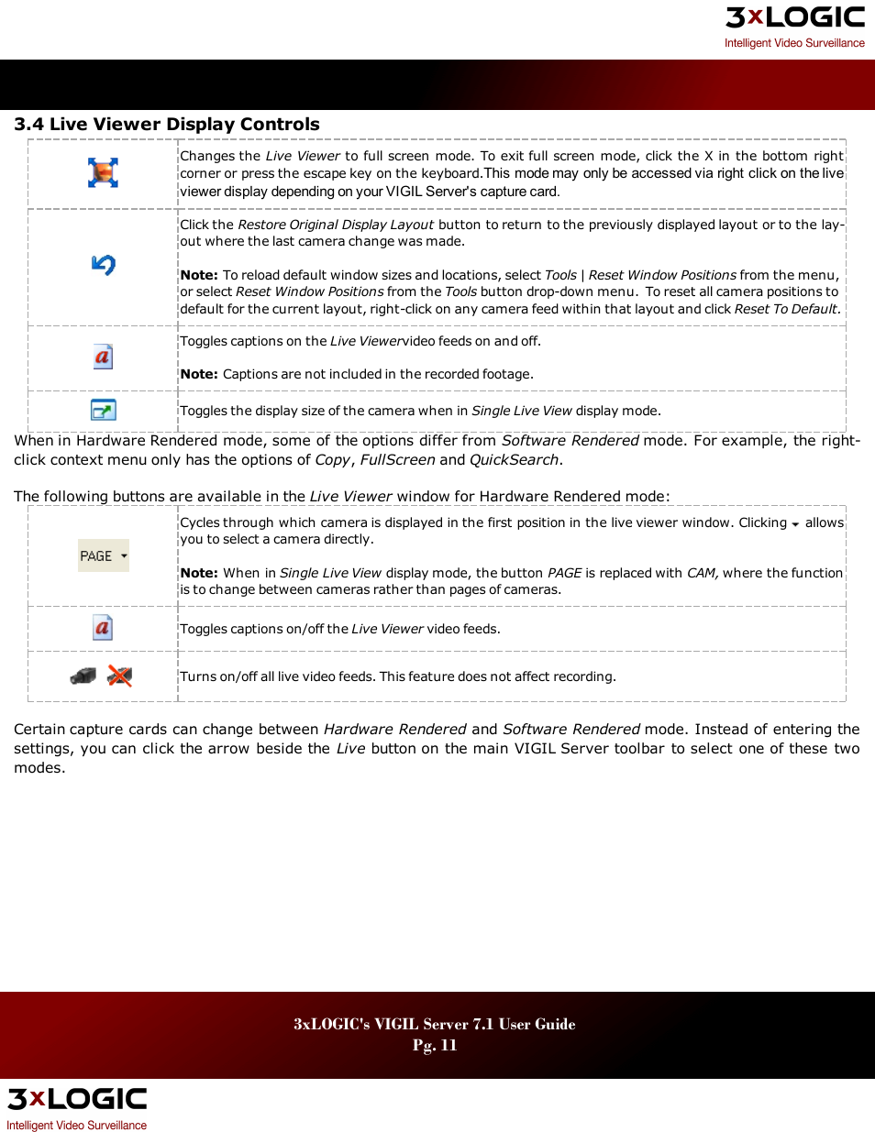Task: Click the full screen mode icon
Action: [103, 172]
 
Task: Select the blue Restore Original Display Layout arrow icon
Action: [103, 265]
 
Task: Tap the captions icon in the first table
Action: [103, 357]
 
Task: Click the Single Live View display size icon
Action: [103, 410]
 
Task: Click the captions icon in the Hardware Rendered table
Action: [103, 628]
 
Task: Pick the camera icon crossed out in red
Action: [119, 676]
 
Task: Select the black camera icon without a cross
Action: [83, 676]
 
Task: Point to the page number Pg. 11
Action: [435, 1045]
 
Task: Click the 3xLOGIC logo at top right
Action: [794, 18]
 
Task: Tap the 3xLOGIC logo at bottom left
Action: [77, 1099]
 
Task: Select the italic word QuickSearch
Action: [514, 460]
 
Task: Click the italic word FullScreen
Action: [397, 460]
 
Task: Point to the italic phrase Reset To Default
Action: [785, 309]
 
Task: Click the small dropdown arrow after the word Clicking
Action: [795, 524]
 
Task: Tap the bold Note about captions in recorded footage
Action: [199, 374]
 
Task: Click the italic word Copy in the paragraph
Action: [332, 460]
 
